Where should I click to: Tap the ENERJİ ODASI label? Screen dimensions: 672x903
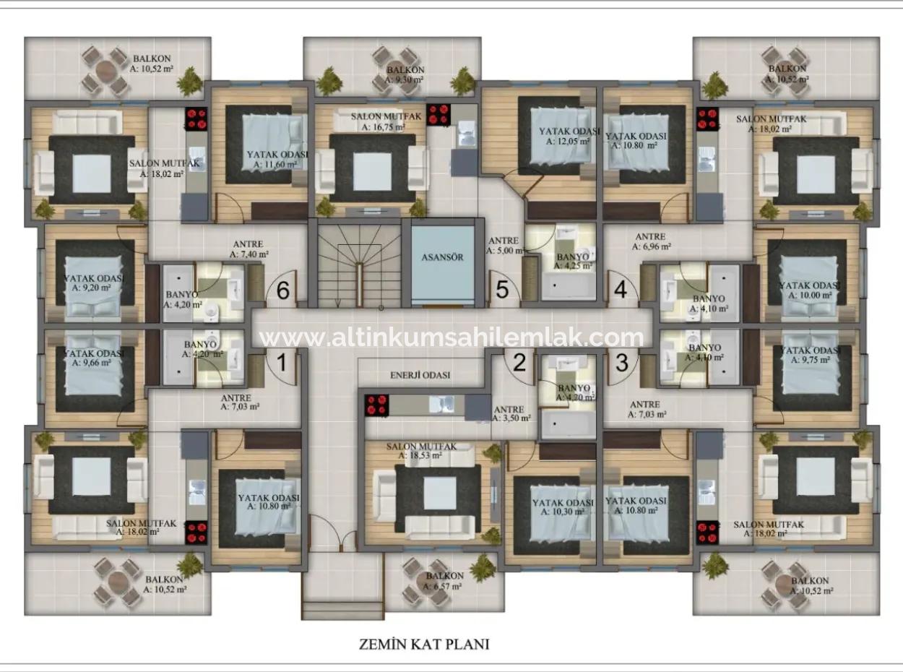(x=420, y=375)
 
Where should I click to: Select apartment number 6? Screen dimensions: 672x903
(x=283, y=290)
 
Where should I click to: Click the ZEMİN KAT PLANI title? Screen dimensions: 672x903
(x=424, y=643)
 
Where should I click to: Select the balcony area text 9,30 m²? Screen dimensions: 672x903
(x=405, y=79)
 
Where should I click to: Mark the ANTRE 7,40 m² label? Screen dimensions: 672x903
(x=249, y=249)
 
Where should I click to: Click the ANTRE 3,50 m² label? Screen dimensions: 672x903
(x=511, y=413)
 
